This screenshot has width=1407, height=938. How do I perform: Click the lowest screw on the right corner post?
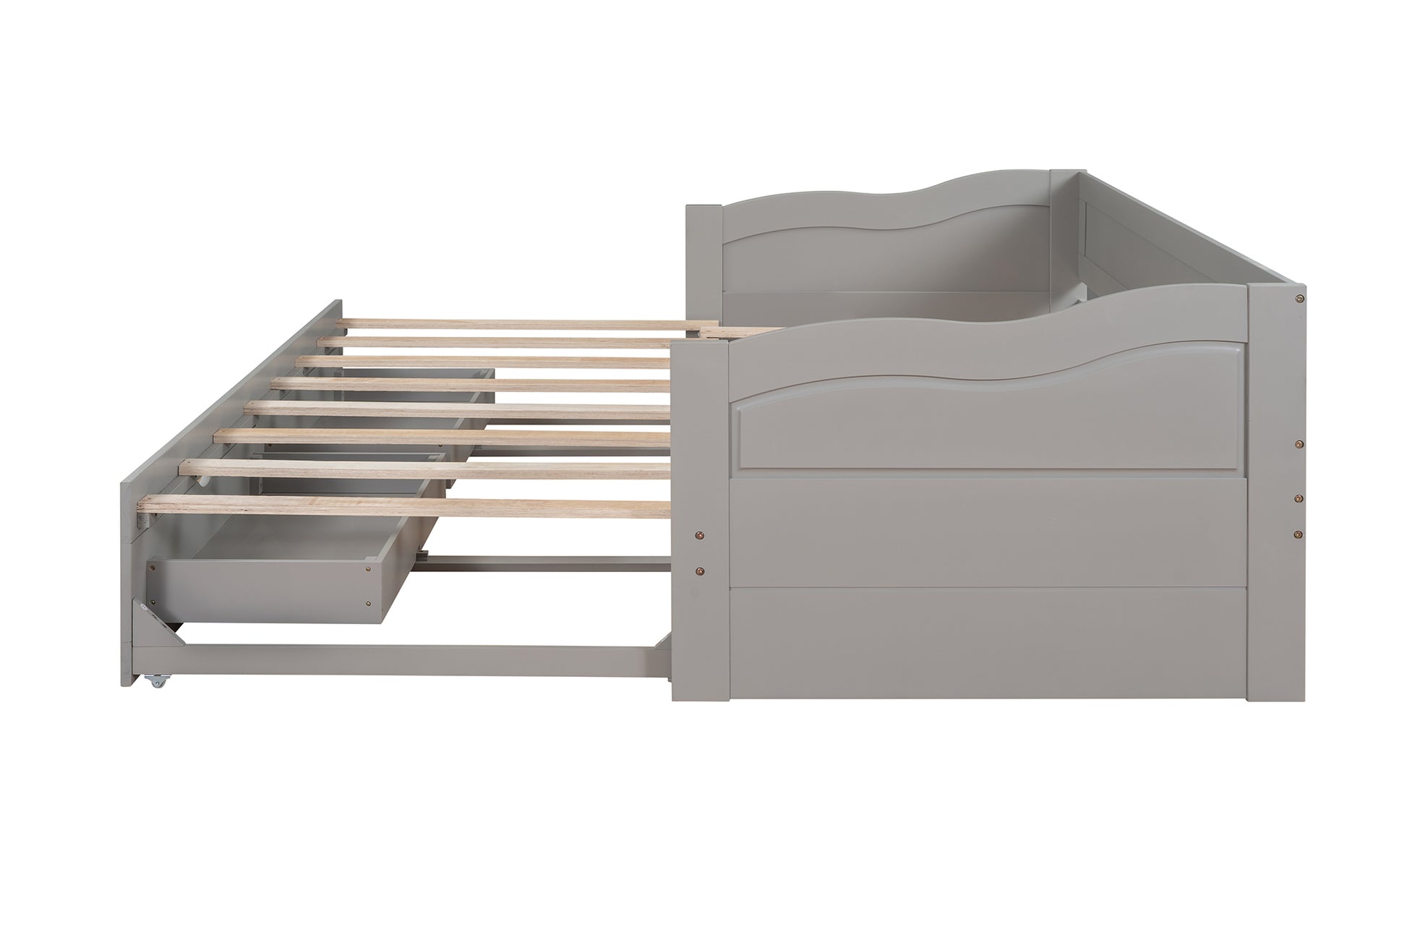[x=1300, y=534]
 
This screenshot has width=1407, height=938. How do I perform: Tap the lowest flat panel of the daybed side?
[x=991, y=644]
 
